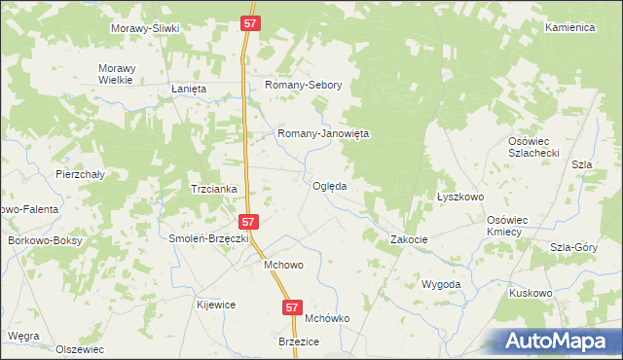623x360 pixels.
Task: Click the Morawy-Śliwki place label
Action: pos(146,28)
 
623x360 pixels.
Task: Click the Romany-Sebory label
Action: pos(304,85)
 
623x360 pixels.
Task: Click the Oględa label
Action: pos(330,186)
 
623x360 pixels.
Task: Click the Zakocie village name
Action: pos(410,239)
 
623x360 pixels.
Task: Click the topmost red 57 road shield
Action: pos(250,21)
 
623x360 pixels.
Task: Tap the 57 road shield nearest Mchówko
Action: pos(293,306)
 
